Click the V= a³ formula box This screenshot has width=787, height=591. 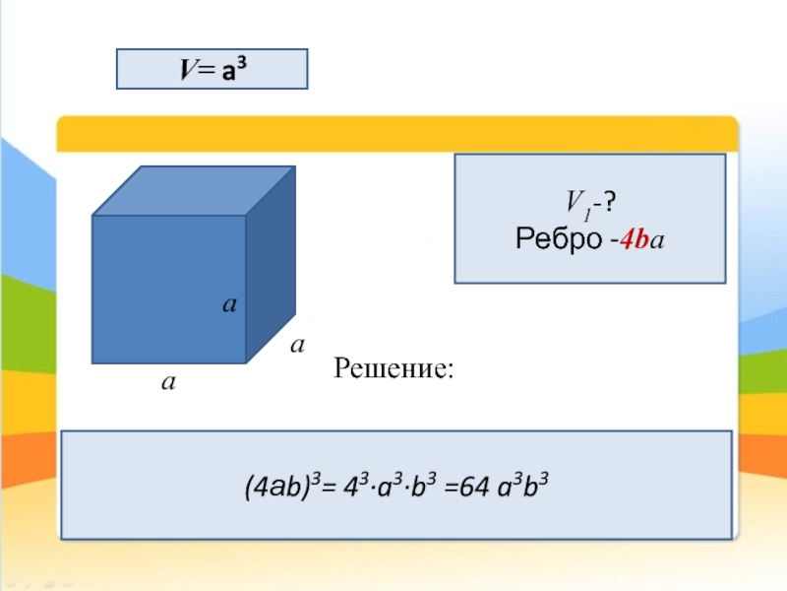pyautogui.click(x=212, y=70)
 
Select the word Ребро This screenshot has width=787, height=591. pyautogui.click(x=556, y=239)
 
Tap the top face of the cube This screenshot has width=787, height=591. pyautogui.click(x=193, y=189)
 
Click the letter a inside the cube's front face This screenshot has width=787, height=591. pyautogui.click(x=228, y=306)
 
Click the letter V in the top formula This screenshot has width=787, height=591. pyautogui.click(x=185, y=70)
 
